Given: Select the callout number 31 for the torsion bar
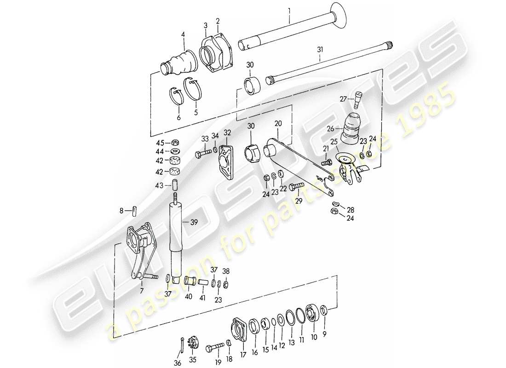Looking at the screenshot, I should tap(320, 49).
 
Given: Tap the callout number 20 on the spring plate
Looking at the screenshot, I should tap(277, 124).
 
